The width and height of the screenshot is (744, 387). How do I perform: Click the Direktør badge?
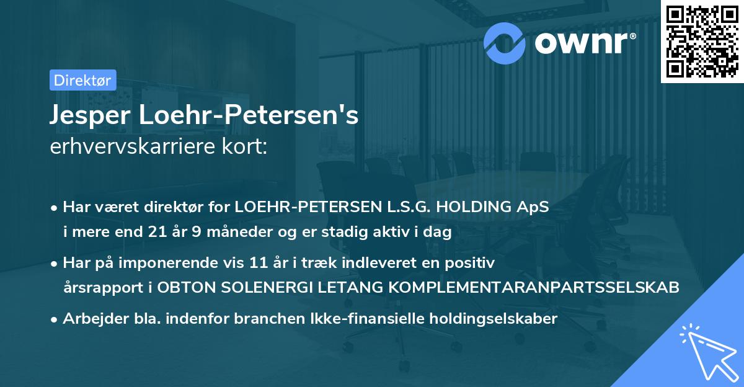[82, 80]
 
